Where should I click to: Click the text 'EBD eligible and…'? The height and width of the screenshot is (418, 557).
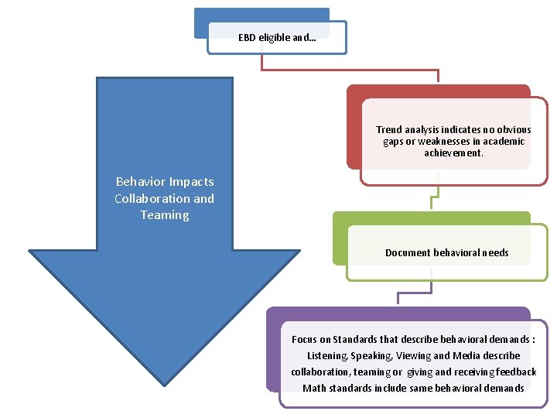(276, 36)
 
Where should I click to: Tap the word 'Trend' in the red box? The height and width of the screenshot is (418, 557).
(390, 130)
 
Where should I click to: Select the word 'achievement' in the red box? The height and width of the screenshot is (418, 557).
(453, 153)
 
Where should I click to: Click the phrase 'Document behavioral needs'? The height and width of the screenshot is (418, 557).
(446, 253)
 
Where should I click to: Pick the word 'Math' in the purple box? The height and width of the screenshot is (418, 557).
(314, 388)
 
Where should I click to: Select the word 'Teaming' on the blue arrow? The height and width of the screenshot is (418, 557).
(165, 215)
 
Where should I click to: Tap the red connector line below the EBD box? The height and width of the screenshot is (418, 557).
(348, 70)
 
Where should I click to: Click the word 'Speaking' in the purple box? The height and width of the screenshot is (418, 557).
(372, 356)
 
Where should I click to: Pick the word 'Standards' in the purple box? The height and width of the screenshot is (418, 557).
(355, 339)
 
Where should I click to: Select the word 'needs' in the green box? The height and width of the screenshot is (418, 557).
(494, 253)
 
